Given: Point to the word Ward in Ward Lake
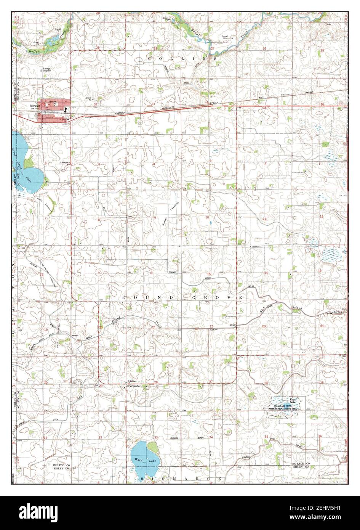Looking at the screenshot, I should click(x=139, y=460).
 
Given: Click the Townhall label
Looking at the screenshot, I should click(x=255, y=247).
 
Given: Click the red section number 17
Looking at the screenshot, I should click(x=99, y=272).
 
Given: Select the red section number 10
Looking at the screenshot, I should click(x=208, y=217).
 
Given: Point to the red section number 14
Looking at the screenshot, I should click(x=266, y=273).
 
